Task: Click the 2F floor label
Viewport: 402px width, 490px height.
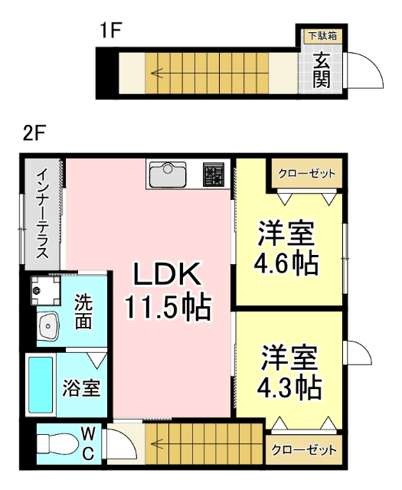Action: coord(34,132)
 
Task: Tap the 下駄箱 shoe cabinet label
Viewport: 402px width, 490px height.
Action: coord(321,35)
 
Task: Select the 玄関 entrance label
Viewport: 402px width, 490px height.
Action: coord(322,68)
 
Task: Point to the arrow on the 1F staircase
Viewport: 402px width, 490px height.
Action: coord(157,74)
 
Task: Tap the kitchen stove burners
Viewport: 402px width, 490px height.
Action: coord(214,175)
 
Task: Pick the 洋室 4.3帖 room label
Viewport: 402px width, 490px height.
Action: coord(288,373)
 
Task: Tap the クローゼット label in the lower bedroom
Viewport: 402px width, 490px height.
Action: coord(304,450)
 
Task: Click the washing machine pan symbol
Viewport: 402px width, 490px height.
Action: coord(43,290)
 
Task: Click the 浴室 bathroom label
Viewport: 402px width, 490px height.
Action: coord(80,388)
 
